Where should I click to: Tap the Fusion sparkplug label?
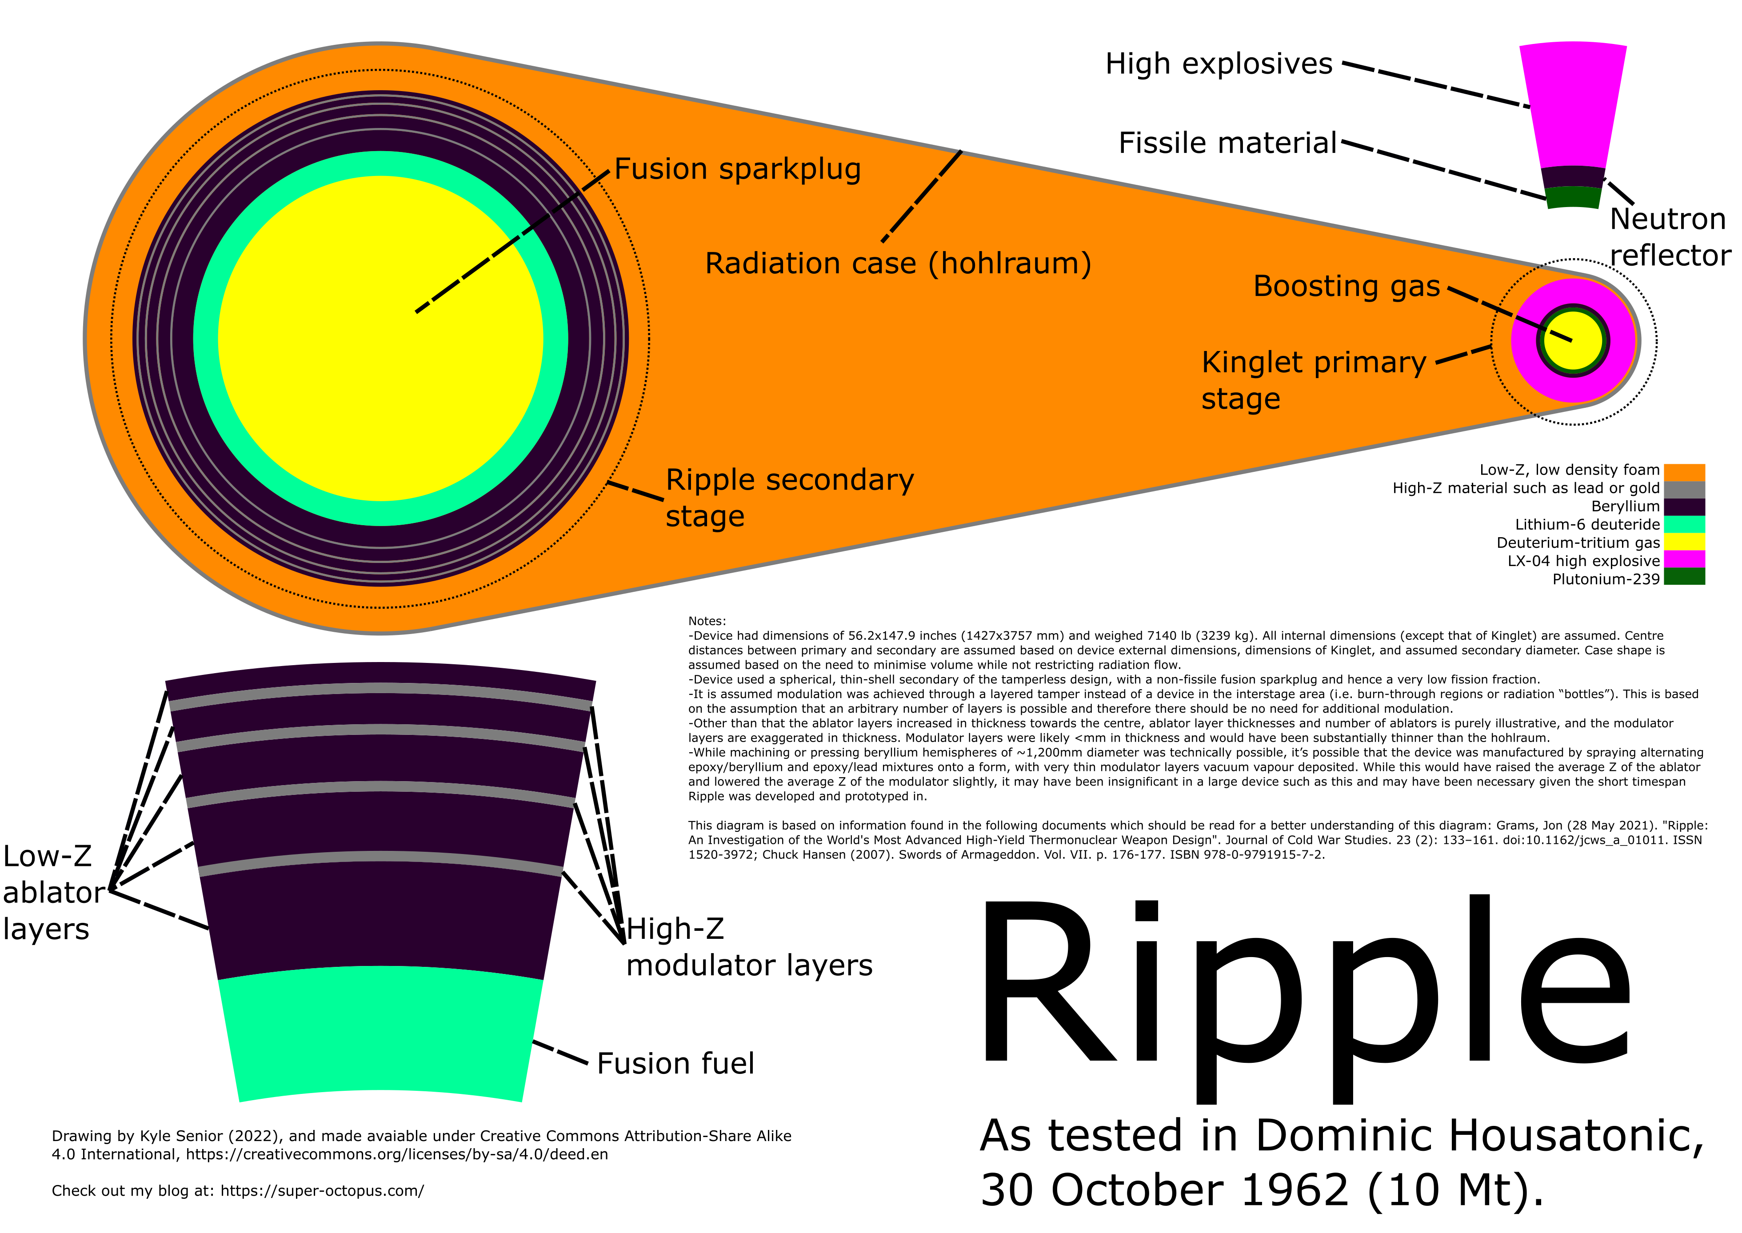pyautogui.click(x=737, y=169)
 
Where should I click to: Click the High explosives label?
pyautogui.click(x=1219, y=64)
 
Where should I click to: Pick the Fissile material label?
pyautogui.click(x=1227, y=143)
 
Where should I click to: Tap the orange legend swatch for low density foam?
pyautogui.click(x=1684, y=472)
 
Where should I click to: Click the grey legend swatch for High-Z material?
pyautogui.click(x=1684, y=490)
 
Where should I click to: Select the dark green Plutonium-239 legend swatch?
pyautogui.click(x=1684, y=577)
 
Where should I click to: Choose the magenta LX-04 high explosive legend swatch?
pyautogui.click(x=1684, y=559)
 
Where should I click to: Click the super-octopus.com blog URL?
pyautogui.click(x=322, y=1190)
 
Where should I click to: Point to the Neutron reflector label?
pyautogui.click(x=1670, y=237)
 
